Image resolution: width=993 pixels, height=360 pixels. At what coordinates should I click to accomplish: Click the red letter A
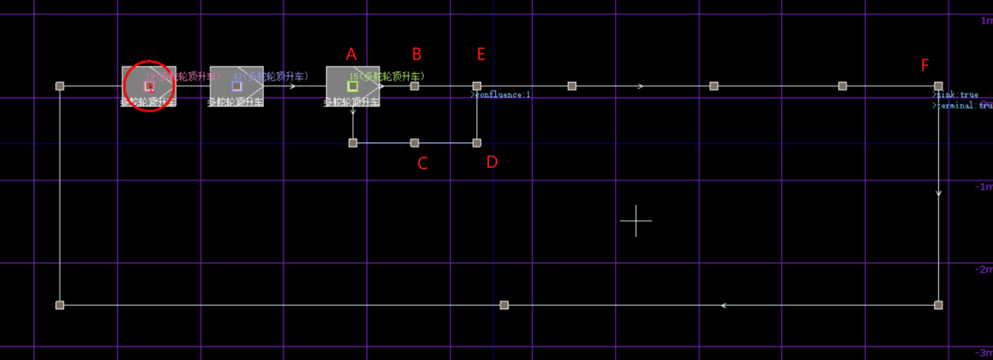[351, 54]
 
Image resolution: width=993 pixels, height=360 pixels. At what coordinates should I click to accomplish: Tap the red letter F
[925, 65]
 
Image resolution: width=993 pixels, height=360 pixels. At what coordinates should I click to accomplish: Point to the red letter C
[423, 163]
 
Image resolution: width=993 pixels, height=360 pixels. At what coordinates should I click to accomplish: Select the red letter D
[492, 163]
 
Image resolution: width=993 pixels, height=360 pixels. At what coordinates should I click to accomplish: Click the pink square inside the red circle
[149, 86]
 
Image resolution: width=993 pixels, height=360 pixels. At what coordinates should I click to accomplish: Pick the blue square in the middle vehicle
[236, 86]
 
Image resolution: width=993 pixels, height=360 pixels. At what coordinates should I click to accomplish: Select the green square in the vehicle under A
[353, 86]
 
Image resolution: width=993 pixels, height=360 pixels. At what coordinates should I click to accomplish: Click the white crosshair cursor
[636, 220]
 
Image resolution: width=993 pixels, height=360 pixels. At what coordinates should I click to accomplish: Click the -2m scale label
[982, 269]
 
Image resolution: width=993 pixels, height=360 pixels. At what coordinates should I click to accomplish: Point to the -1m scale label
[982, 187]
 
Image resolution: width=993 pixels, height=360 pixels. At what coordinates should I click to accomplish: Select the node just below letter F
[939, 86]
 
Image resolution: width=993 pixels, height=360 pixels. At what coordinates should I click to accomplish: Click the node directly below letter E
[476, 86]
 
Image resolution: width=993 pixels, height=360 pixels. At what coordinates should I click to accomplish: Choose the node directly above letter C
[414, 142]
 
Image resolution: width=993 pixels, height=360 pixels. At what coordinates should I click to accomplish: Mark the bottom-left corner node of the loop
[60, 305]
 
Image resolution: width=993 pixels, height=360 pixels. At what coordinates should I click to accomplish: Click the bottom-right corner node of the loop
[939, 305]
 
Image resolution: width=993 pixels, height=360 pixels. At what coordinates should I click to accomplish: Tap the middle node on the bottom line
[504, 305]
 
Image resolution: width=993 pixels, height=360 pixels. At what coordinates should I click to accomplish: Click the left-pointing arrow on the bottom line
[724, 305]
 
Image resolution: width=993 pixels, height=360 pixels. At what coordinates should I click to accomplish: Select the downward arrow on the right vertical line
[939, 192]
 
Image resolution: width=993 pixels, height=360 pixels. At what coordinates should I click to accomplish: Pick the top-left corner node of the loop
[60, 86]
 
